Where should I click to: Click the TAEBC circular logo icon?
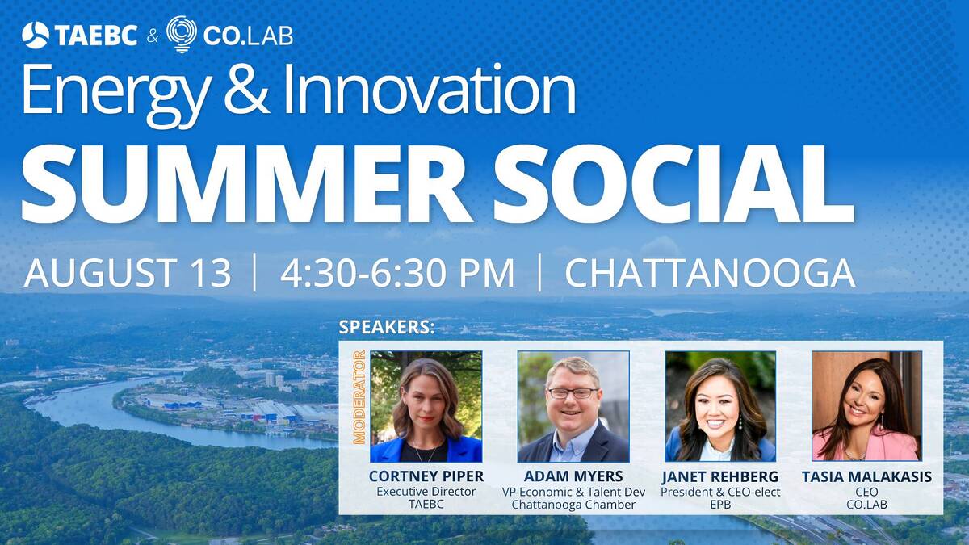pyautogui.click(x=36, y=35)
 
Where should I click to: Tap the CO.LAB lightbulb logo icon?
pyautogui.click(x=182, y=34)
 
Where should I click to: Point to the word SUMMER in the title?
pyautogui.click(x=246, y=184)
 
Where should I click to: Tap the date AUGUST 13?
pyautogui.click(x=128, y=273)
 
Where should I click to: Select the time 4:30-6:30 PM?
pyautogui.click(x=397, y=273)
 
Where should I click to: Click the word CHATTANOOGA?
pyautogui.click(x=711, y=273)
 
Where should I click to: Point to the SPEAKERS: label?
pyautogui.click(x=387, y=328)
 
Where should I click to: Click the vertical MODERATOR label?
pyautogui.click(x=359, y=397)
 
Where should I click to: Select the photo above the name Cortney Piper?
pyautogui.click(x=426, y=407)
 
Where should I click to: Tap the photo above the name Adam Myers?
pyautogui.click(x=573, y=407)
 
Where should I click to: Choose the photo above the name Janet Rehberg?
pyautogui.click(x=720, y=407)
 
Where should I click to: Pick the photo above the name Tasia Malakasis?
pyautogui.click(x=867, y=406)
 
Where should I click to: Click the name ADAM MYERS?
pyautogui.click(x=573, y=476)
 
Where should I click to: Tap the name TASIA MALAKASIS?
pyautogui.click(x=867, y=476)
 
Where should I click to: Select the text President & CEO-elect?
pyautogui.click(x=720, y=492)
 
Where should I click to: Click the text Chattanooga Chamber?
pyautogui.click(x=573, y=505)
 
